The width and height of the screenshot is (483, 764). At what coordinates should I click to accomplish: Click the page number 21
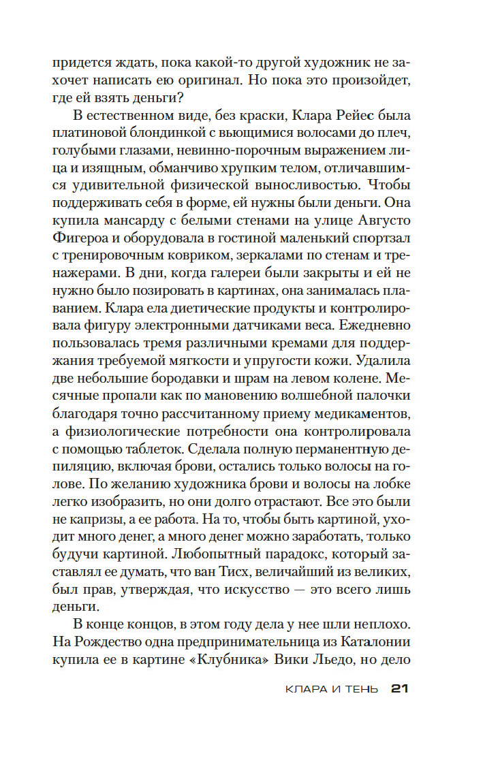click(x=399, y=689)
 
